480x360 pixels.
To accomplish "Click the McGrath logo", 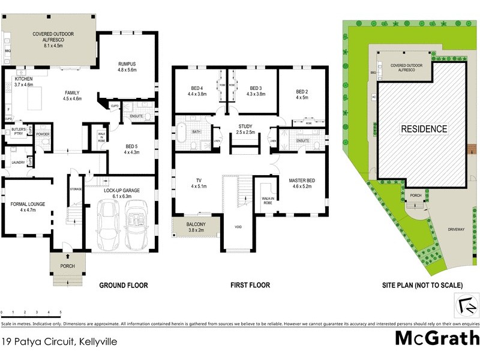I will coord(437,338).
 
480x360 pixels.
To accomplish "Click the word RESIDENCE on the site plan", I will coord(424,128).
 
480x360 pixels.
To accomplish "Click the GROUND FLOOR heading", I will coord(123,286).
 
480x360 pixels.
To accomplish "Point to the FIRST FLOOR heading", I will coord(250,286).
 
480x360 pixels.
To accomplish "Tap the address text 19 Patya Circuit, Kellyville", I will coord(59,342).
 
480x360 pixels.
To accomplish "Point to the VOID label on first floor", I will coord(239,227).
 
